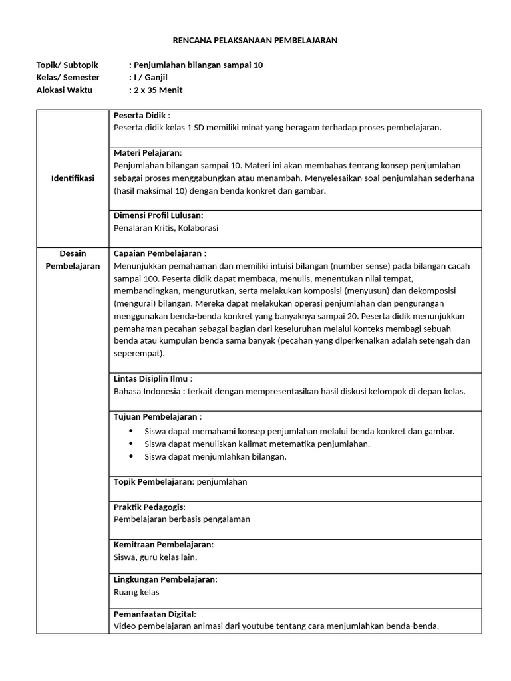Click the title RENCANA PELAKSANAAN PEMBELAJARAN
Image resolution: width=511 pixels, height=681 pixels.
tap(255, 41)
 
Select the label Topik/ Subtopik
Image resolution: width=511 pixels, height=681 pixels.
tap(67, 65)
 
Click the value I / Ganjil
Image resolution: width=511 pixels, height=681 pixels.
tap(150, 77)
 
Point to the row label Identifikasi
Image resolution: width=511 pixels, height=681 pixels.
tap(73, 178)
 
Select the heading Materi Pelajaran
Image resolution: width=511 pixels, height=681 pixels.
tap(147, 153)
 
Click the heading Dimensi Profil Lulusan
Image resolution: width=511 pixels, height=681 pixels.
tap(158, 215)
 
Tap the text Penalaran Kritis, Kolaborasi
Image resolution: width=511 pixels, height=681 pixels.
tap(166, 228)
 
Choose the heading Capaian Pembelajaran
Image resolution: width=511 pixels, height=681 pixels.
tap(159, 253)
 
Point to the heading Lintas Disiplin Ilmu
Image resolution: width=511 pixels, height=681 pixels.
tap(152, 378)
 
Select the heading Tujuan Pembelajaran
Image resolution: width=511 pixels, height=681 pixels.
tap(157, 416)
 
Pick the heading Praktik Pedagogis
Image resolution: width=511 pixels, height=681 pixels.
tap(149, 507)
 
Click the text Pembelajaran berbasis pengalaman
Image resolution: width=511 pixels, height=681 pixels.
tap(182, 519)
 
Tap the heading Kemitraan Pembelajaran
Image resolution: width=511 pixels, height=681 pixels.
tap(163, 545)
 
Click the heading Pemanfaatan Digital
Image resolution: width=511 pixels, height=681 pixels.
tap(154, 614)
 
